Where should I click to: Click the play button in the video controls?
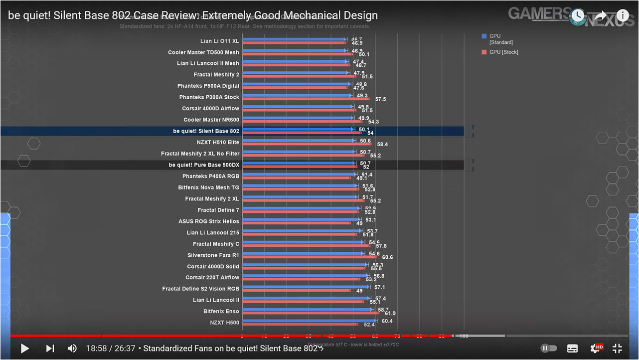point(24,349)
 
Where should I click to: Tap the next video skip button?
point(50,349)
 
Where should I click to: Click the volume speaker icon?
point(72,349)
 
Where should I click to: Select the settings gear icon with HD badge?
point(596,349)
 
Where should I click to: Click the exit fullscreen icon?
point(617,349)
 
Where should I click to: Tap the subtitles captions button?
point(573,349)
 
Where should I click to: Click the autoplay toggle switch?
point(548,349)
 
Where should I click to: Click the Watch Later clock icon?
point(578,15)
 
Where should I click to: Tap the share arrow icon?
point(601,15)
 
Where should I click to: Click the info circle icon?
point(623,15)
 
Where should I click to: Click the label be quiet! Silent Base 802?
point(206,131)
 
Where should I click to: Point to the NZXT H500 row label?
point(224,323)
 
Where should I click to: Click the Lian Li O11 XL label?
point(219,41)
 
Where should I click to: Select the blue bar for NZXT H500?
point(309,321)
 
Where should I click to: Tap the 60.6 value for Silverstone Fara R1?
point(387,257)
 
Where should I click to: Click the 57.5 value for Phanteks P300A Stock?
point(380,99)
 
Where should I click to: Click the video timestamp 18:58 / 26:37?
point(111,349)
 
